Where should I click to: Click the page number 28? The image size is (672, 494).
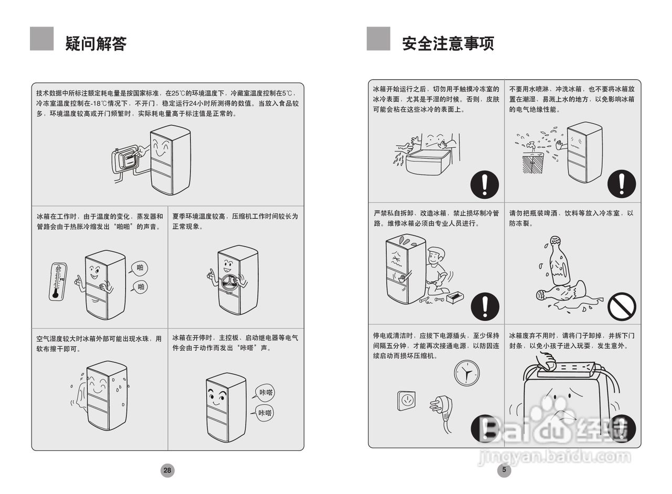click(167, 470)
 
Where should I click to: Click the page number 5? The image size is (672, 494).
click(504, 470)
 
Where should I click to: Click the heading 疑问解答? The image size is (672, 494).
click(96, 43)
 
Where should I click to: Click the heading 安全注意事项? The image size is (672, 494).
click(448, 43)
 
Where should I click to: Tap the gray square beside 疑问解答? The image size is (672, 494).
click(41, 38)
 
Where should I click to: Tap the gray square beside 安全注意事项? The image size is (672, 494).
click(378, 38)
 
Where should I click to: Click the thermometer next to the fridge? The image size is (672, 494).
click(58, 282)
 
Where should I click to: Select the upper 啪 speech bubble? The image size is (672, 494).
click(140, 269)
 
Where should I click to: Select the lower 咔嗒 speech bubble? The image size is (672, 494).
click(265, 413)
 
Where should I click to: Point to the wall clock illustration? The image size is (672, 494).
click(466, 373)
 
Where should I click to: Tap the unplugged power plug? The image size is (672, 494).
click(439, 406)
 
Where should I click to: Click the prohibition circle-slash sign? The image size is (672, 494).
click(622, 306)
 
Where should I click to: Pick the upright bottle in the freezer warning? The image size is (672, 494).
click(557, 261)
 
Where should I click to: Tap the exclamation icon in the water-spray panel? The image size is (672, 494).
click(622, 184)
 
